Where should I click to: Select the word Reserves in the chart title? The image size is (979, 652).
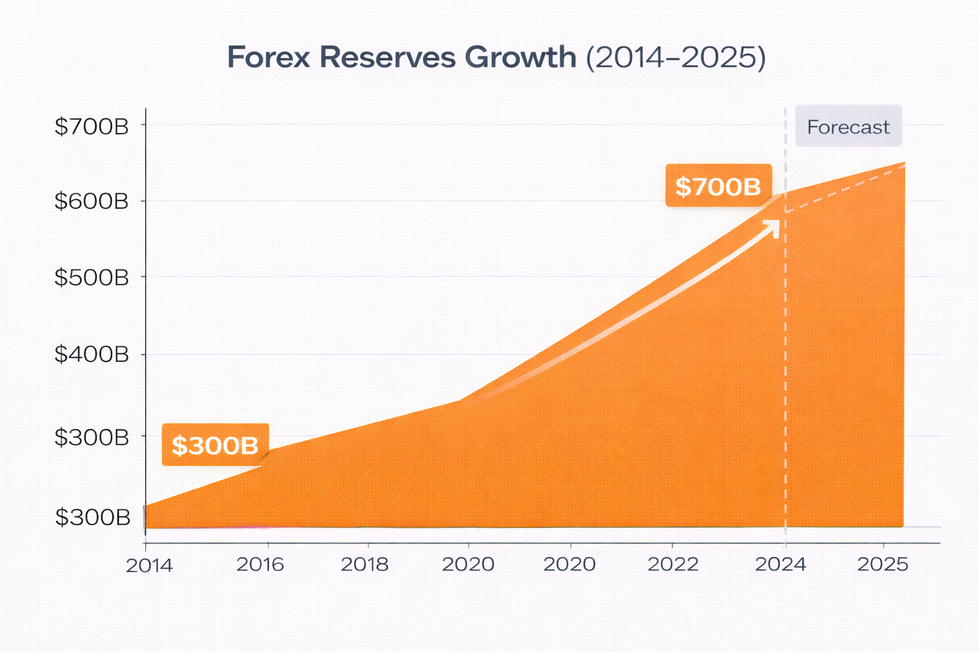388,57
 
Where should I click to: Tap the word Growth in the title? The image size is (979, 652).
520,57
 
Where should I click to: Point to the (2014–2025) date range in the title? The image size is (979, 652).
675,57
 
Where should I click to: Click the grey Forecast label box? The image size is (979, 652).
848,127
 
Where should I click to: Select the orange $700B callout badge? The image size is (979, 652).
718,186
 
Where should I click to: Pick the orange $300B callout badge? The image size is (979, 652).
215,445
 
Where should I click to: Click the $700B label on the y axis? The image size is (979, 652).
91,127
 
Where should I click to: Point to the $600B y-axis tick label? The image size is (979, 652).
91,202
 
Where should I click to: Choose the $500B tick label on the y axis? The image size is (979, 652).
91,278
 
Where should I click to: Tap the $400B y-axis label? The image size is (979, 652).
91,354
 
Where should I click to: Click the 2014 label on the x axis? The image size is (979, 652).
149,565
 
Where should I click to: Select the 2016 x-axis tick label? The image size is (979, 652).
260,564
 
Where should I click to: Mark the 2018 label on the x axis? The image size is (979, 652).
365,564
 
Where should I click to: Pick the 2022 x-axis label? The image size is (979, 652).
673,564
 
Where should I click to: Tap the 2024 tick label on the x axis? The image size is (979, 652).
780,564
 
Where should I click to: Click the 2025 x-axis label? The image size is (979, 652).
883,564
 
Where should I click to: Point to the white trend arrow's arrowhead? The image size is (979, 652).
774,227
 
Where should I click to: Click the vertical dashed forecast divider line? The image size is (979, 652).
785,382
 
